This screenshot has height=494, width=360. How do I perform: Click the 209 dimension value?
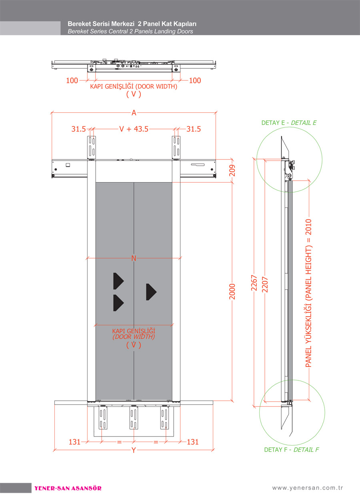coord(232,171)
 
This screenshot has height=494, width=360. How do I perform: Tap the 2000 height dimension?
coord(232,291)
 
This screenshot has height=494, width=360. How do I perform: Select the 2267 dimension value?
coord(254,283)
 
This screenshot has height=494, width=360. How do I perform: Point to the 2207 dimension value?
coord(265,285)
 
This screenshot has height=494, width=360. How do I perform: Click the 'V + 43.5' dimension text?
coord(134,129)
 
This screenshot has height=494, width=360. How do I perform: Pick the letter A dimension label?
coord(134,113)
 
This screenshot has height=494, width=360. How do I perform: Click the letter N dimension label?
coord(134,258)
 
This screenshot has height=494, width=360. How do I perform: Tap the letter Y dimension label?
coord(134,450)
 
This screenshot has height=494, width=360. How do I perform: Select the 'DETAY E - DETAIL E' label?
coord(289,123)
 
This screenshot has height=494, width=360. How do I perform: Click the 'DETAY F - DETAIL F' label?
coord(292,450)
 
